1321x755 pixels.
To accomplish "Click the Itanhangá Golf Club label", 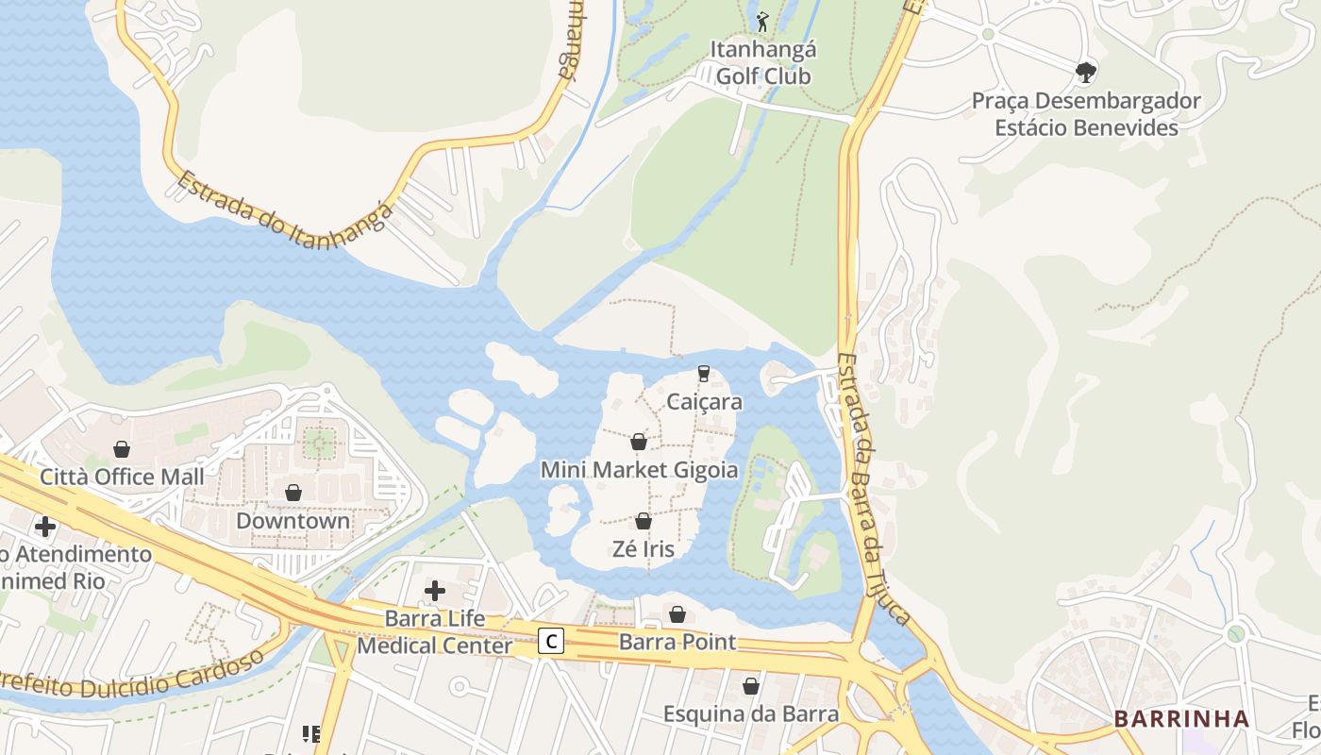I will click(763, 62).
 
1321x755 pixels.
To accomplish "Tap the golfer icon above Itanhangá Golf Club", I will click(762, 20).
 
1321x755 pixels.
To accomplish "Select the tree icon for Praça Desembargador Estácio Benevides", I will click(1086, 71).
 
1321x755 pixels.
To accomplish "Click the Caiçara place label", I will click(704, 402).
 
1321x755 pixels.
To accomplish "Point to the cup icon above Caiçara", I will click(703, 374).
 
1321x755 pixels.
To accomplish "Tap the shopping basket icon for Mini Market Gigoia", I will click(639, 442).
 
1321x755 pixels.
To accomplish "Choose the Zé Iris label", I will click(644, 549).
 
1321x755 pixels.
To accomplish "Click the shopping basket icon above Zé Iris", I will click(644, 521).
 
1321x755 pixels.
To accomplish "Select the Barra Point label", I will click(677, 643).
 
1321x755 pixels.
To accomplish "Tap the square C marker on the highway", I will click(552, 642).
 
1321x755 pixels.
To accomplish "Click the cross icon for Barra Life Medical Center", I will click(435, 591).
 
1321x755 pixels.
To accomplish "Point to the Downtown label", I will click(293, 521).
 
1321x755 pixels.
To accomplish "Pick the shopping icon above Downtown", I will click(293, 493).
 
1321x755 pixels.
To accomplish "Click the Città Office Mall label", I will click(122, 477).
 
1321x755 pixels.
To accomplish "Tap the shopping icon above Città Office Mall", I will click(122, 449).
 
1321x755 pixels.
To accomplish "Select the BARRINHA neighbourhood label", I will click(1181, 719).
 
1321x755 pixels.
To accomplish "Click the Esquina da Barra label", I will click(751, 713).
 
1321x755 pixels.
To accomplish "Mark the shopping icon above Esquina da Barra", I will click(751, 686).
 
